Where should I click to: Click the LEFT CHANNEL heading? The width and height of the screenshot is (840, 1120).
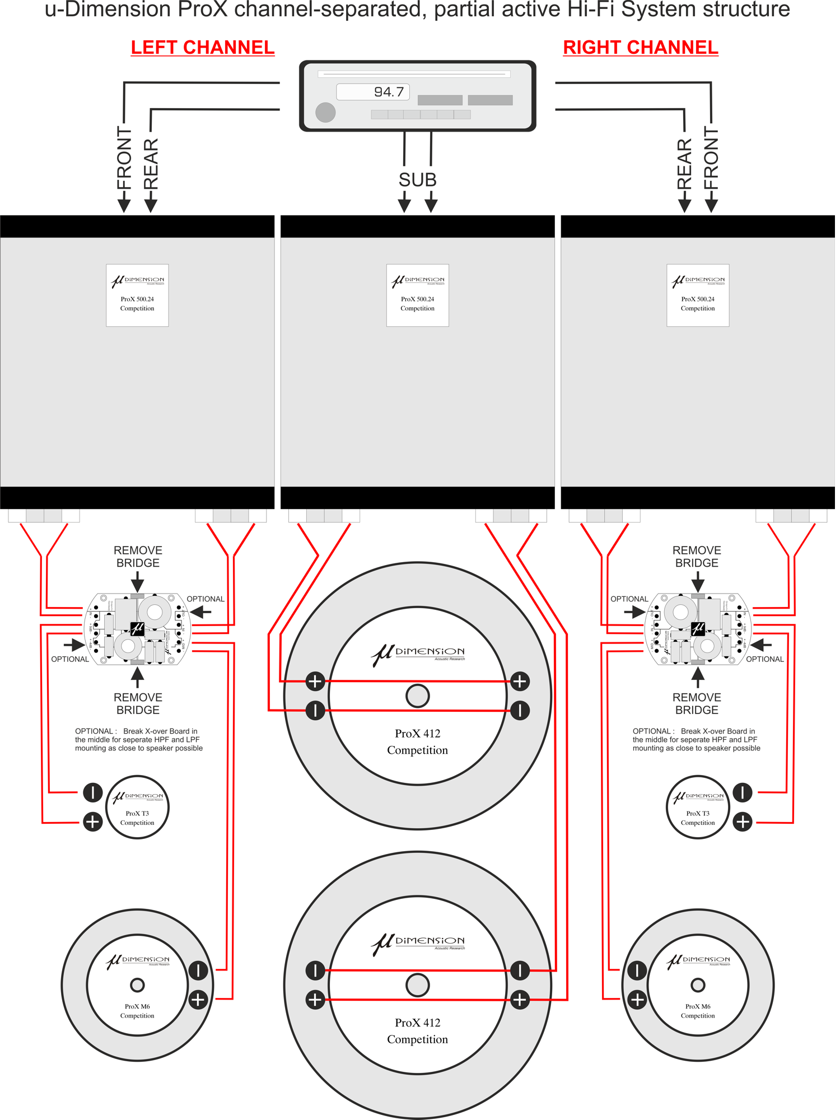203,48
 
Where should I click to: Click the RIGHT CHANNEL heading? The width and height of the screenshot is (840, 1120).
640,48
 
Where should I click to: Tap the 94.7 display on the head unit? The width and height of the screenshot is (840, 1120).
373,92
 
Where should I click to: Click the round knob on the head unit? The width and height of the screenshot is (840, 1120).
325,112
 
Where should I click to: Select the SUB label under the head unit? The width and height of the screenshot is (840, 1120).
417,180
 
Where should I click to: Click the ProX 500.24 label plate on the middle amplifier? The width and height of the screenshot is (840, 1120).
417,295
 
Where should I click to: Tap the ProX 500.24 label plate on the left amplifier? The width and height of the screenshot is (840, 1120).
137,295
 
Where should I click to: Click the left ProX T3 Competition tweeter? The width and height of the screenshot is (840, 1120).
137,807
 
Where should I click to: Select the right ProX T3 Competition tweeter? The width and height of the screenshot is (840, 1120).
698,807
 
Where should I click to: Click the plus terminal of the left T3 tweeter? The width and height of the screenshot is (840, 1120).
93,822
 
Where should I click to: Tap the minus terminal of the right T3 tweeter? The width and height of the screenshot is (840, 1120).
743,792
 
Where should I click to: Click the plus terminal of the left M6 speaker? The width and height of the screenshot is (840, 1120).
198,999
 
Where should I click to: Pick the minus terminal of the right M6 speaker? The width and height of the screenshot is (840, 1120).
637,970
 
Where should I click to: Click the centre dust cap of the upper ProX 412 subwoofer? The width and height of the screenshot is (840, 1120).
417,696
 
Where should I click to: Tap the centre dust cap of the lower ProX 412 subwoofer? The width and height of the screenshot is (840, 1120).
417,985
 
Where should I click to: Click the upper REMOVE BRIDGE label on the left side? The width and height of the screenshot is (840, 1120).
138,557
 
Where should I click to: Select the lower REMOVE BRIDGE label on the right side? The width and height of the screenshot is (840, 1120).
697,703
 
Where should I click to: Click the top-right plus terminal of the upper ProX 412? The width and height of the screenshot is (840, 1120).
520,681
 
